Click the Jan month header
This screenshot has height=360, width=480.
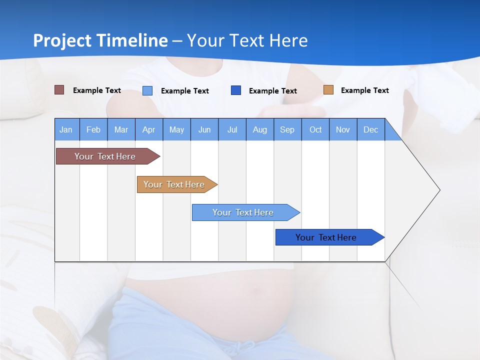(x=66, y=129)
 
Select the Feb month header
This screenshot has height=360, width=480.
(x=93, y=129)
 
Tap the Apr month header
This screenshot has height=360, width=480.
(x=149, y=129)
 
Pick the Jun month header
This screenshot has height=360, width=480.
(x=204, y=129)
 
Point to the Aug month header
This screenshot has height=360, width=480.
(x=260, y=129)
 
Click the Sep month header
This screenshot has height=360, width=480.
(x=287, y=129)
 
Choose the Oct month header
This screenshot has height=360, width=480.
(x=315, y=129)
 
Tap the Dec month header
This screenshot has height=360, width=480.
(x=371, y=129)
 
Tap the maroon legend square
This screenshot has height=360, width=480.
(x=59, y=90)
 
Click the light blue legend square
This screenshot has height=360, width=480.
(x=147, y=90)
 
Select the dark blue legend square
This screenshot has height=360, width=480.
(x=236, y=90)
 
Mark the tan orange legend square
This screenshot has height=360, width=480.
(x=328, y=90)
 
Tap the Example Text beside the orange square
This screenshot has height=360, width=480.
(x=364, y=90)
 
